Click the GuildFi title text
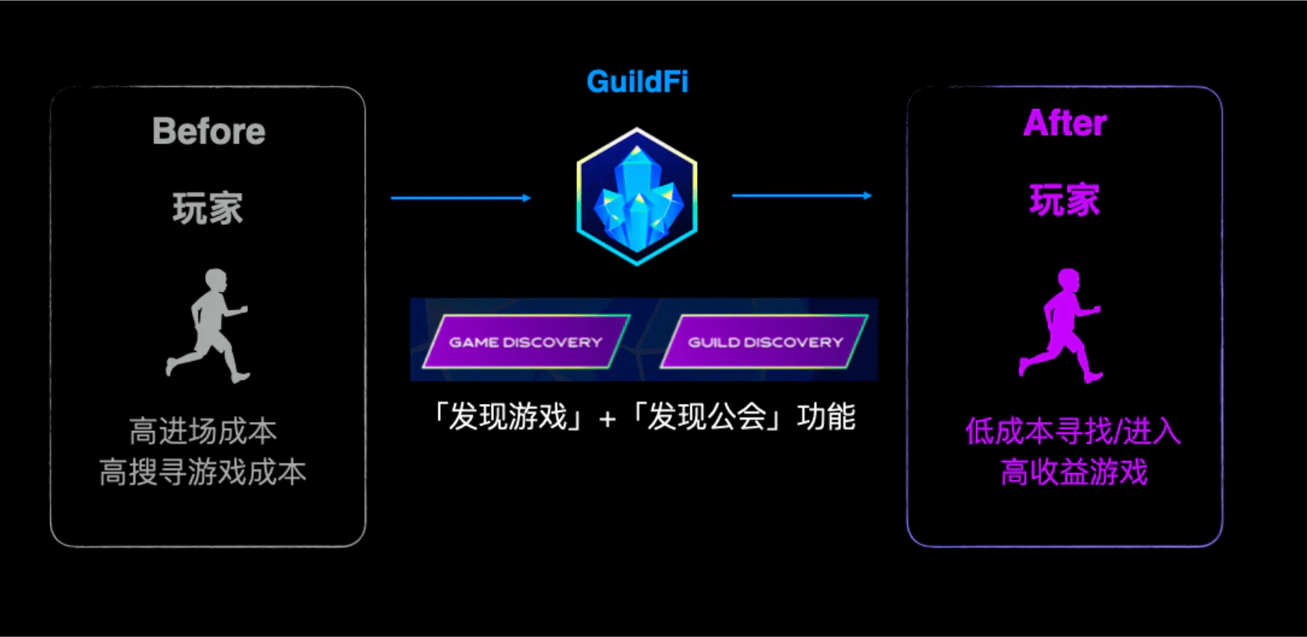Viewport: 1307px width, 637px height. coord(637,81)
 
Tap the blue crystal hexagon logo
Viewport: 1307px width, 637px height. coord(637,196)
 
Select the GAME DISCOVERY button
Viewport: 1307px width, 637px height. coord(526,342)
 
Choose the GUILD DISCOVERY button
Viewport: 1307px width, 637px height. coord(765,342)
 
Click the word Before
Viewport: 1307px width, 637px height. coord(208,132)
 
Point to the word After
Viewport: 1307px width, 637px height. coord(1065,123)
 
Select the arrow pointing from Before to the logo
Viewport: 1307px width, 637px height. coord(460,198)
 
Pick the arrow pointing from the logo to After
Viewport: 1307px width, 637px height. coord(802,196)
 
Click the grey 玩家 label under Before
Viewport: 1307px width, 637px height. coord(208,208)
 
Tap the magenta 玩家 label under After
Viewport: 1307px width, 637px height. coord(1064,201)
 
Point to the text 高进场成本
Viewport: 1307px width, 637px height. coord(203,432)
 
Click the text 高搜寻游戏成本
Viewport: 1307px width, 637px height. coord(203,472)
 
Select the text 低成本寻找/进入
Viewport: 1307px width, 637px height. coord(1073,432)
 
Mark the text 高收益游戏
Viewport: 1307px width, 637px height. coord(1074,472)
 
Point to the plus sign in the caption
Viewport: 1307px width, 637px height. coord(608,418)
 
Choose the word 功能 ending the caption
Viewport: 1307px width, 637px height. coord(826,417)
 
